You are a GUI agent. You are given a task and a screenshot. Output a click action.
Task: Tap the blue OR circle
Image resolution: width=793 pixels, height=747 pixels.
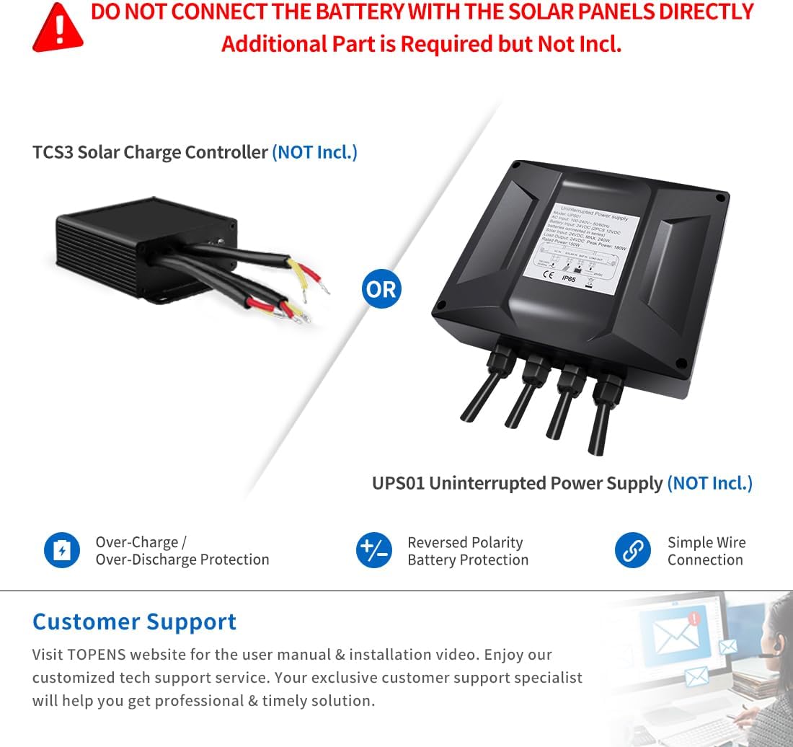tap(381, 289)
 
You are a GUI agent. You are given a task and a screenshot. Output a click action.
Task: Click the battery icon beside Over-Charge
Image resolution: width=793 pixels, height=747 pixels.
tap(62, 551)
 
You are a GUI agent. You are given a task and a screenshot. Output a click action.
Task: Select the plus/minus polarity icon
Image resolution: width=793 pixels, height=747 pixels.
tap(374, 551)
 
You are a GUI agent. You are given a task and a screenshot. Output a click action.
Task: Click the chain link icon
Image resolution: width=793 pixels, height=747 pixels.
tap(632, 551)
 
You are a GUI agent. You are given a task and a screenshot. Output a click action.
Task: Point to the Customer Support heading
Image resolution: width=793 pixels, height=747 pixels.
tap(134, 622)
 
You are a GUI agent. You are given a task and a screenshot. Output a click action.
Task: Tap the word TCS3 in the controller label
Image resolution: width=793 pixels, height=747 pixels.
tap(52, 152)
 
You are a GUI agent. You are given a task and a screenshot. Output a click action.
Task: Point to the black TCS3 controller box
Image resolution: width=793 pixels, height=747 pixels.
tap(144, 238)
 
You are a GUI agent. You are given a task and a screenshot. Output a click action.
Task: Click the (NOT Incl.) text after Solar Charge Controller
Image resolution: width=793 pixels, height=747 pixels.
tap(314, 152)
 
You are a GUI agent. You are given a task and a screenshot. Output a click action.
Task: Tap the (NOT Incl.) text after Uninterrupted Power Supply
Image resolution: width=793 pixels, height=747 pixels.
tap(709, 483)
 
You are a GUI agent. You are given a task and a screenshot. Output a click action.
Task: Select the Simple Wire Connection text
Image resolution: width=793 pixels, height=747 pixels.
tap(706, 551)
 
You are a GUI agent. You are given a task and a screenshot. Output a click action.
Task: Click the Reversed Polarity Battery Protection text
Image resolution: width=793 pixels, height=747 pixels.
tap(467, 551)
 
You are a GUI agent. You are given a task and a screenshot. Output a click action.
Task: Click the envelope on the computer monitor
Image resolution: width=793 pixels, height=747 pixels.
tap(673, 636)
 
